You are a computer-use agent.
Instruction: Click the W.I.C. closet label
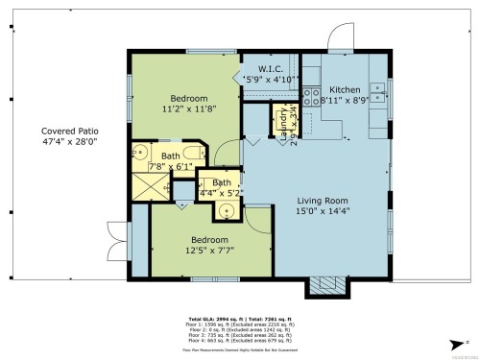point(269,67)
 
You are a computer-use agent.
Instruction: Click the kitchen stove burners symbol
point(311,95)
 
